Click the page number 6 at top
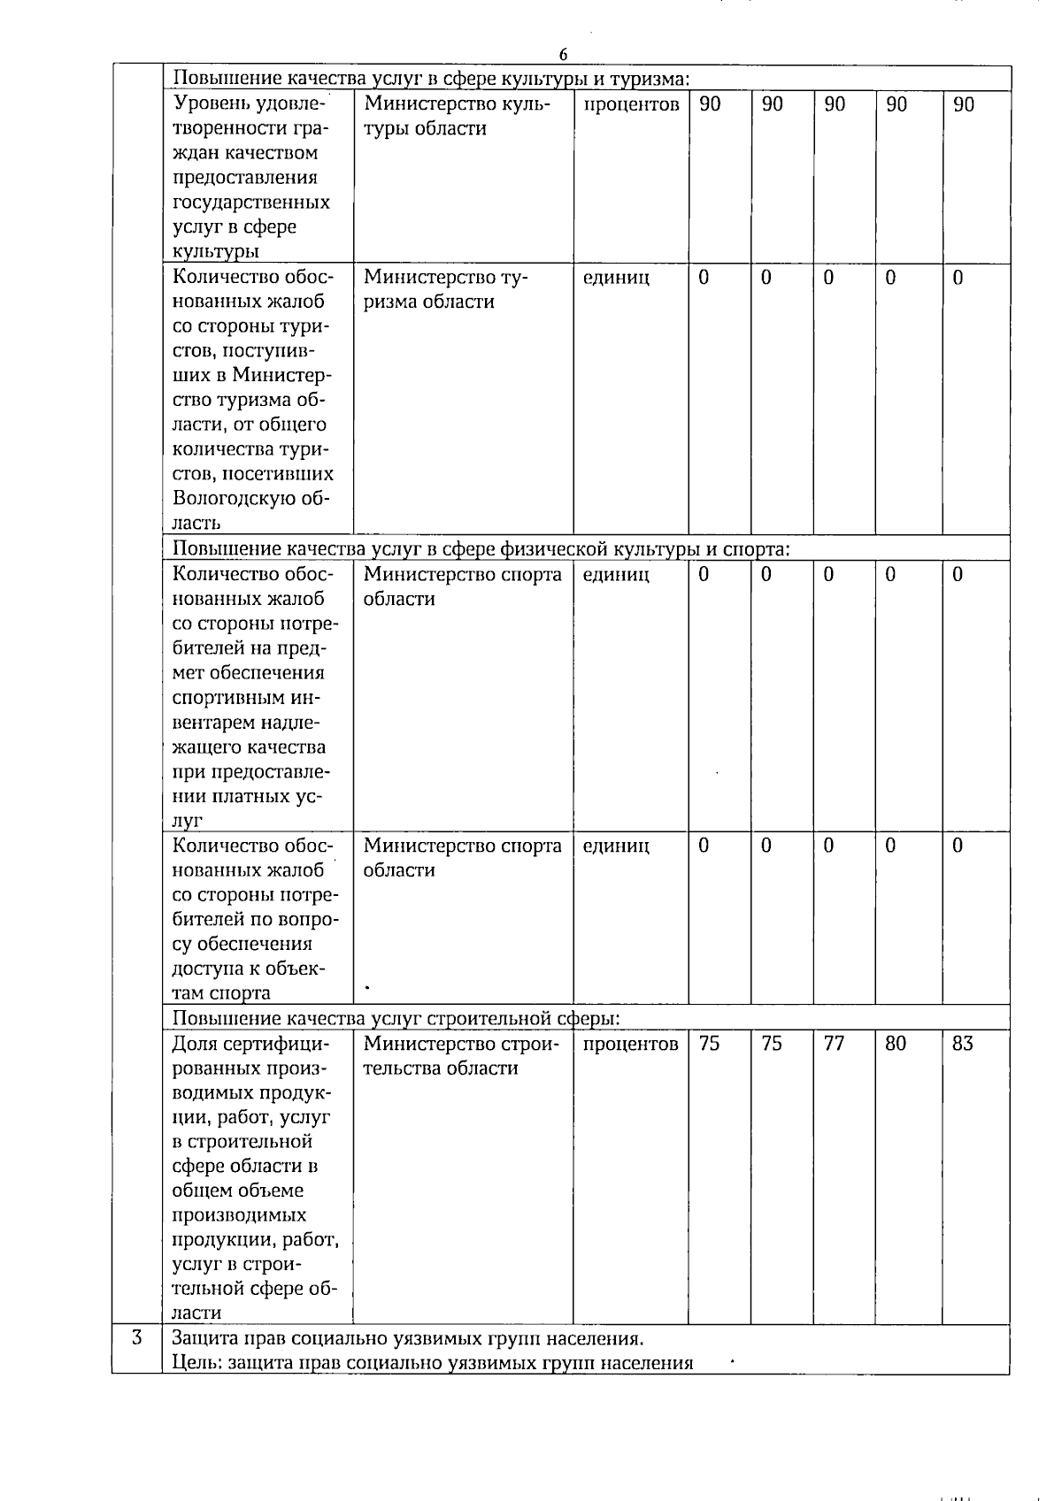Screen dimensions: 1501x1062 tap(563, 55)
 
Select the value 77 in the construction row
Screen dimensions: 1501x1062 tap(834, 1044)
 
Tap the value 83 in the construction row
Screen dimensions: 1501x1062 tap(962, 1044)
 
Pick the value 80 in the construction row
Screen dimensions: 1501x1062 tap(896, 1044)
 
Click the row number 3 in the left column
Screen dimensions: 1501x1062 tap(137, 1337)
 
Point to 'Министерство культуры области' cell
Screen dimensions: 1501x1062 tap(458, 116)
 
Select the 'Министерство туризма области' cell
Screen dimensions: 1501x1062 tap(445, 289)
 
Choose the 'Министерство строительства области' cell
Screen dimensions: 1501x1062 tap(461, 1056)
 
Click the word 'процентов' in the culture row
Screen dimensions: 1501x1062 tap(631, 104)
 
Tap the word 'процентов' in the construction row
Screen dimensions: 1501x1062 tap(631, 1044)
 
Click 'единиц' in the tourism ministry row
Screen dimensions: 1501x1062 tap(616, 278)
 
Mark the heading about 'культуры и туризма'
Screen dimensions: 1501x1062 tap(430, 79)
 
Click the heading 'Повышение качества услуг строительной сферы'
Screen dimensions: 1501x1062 tap(396, 1018)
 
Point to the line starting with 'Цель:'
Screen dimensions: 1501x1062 tap(432, 1362)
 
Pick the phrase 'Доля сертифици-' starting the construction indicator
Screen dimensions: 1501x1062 tap(250, 1044)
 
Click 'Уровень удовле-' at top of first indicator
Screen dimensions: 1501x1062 tap(250, 104)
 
